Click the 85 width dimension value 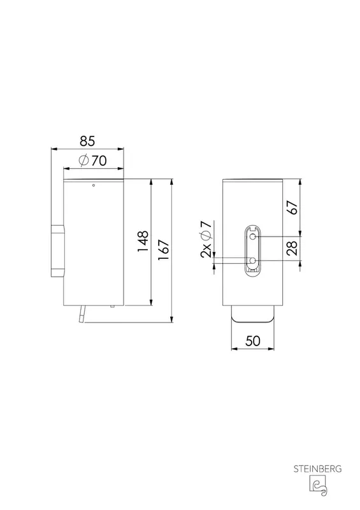pos(87,141)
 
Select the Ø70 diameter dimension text pos(92,161)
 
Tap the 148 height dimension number pos(143,241)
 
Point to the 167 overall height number pos(164,250)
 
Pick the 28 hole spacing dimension pos(292,248)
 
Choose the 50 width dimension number pos(253,341)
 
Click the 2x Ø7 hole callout pos(206,238)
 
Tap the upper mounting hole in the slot pos(252,236)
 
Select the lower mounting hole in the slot pos(252,260)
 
